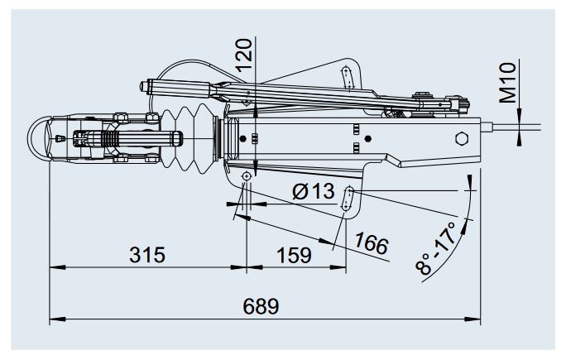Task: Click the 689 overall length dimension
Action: (x=261, y=305)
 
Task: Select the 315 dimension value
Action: (x=146, y=255)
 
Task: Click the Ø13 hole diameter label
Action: (x=314, y=192)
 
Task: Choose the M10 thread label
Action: (x=509, y=82)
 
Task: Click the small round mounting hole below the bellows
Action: (x=247, y=178)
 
